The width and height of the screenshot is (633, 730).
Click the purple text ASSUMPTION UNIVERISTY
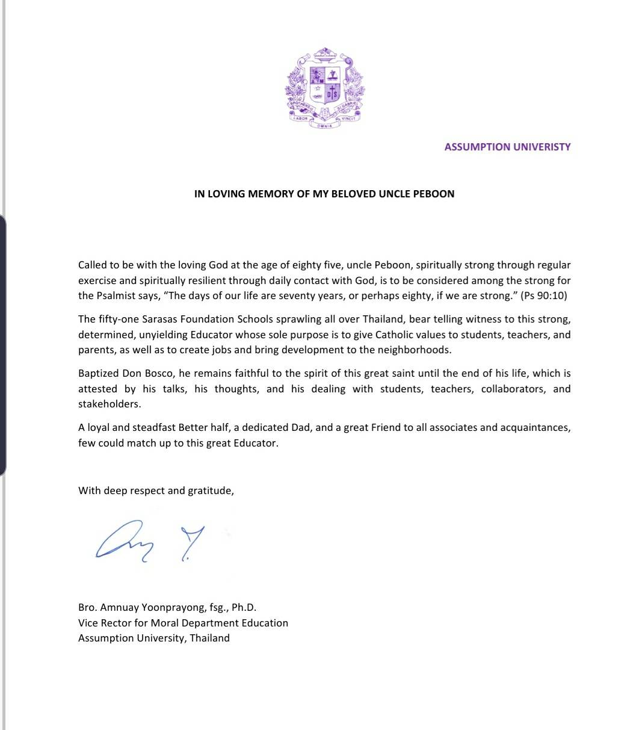click(507, 147)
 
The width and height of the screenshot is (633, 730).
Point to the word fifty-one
click(119, 319)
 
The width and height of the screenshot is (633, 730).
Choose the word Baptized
click(99, 373)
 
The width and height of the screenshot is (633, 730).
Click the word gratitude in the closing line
click(210, 490)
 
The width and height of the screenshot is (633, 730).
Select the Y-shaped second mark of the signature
click(191, 542)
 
